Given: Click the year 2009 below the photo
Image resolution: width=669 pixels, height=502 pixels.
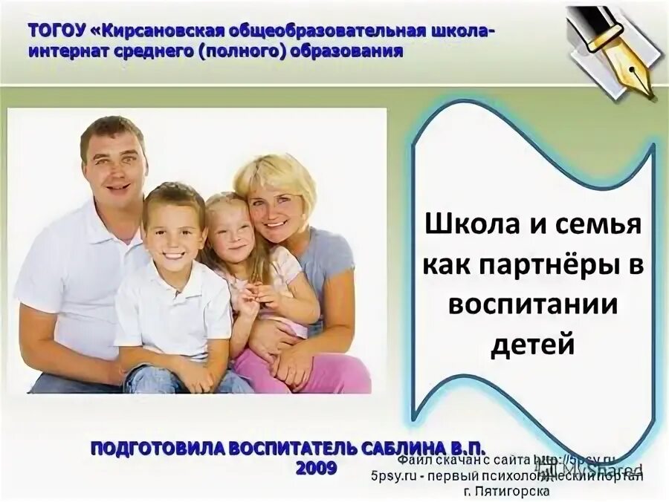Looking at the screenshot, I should point(316,469).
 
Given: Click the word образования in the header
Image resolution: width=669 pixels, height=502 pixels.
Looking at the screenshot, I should point(350,51).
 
